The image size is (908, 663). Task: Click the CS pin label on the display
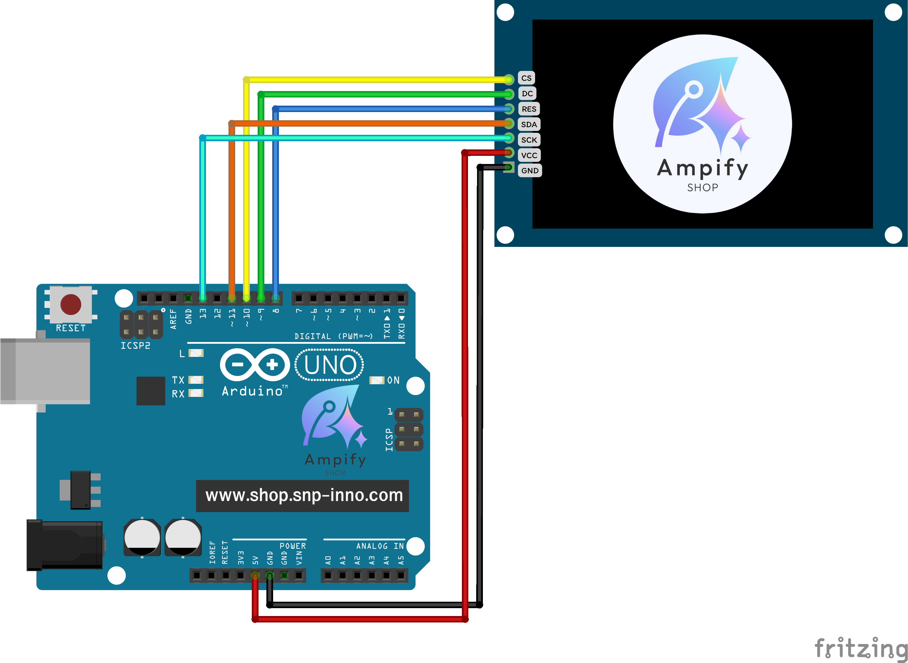[526, 78]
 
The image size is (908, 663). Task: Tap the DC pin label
[527, 93]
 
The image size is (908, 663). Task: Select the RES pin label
[528, 109]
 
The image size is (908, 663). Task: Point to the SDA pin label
[528, 124]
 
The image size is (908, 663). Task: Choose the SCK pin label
[529, 140]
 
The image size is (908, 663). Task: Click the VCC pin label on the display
[529, 155]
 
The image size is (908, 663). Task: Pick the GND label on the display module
[530, 171]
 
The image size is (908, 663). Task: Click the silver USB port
[45, 371]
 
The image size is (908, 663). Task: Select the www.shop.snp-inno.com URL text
[304, 495]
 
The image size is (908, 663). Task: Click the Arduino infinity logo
[255, 364]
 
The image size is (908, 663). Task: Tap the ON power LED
[377, 380]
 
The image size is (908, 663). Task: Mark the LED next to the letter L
[196, 353]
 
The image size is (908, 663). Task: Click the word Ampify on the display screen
[702, 168]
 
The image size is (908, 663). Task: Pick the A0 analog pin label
[328, 560]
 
